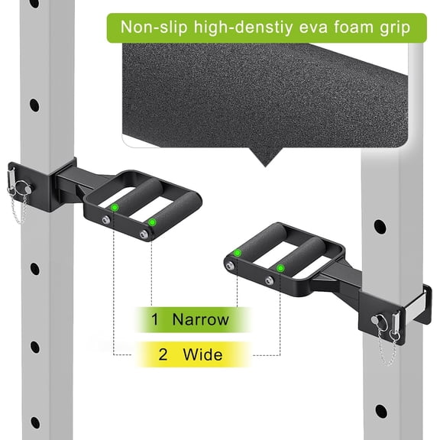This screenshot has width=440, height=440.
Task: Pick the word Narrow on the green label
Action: tap(200, 319)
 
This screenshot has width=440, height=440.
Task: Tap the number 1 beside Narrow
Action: tap(155, 319)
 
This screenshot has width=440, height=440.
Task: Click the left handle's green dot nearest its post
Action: tap(115, 208)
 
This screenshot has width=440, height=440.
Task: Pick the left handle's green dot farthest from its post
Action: tap(152, 222)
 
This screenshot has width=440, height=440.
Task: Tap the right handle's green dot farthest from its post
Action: tap(238, 252)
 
